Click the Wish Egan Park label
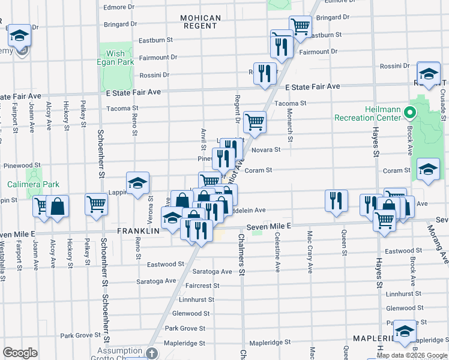(116, 58)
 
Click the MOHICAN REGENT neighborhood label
(199, 22)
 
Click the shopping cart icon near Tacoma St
(255, 122)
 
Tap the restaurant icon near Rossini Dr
(265, 73)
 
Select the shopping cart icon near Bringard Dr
(300, 26)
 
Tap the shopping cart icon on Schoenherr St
(96, 204)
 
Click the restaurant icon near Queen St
(336, 200)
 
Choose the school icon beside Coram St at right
(428, 170)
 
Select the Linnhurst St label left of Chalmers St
(196, 299)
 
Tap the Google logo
(20, 353)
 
